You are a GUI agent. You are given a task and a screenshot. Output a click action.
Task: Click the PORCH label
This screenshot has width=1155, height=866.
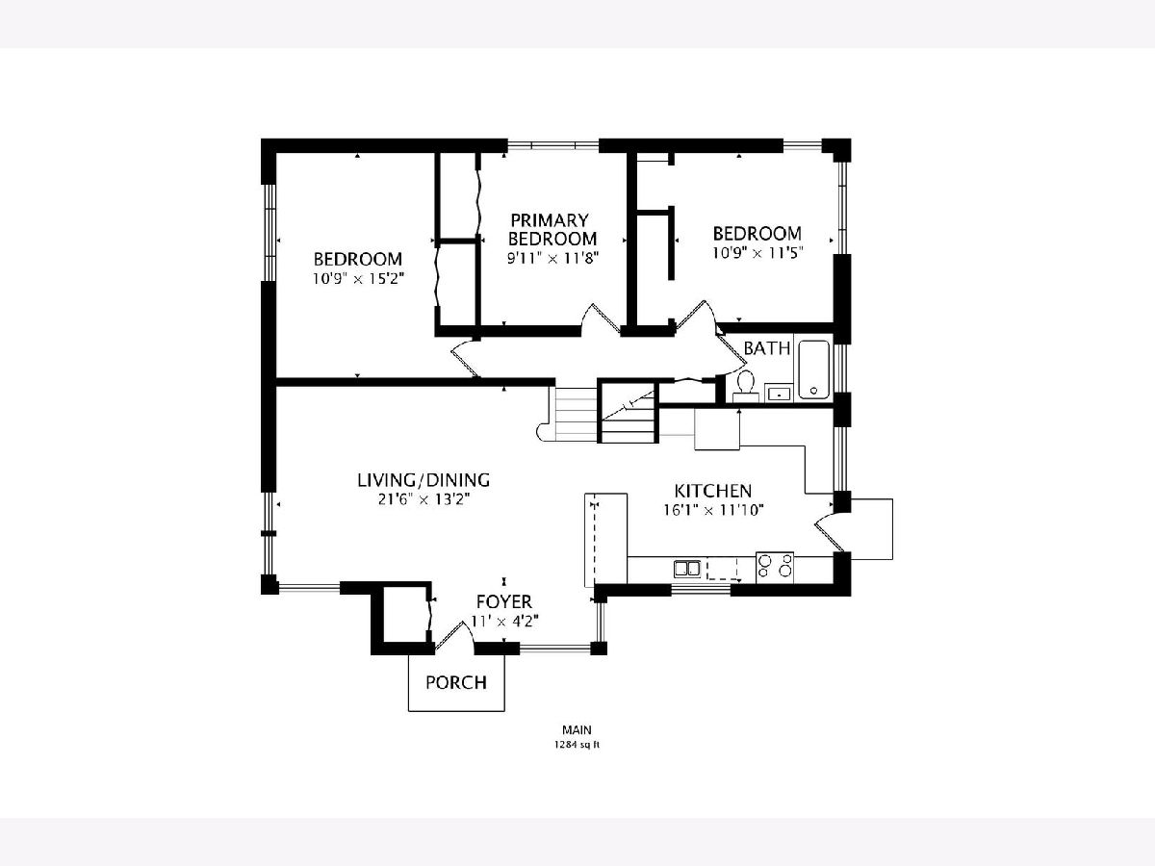coord(456,682)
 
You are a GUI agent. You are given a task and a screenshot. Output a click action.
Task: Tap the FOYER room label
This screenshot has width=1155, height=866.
coord(504,601)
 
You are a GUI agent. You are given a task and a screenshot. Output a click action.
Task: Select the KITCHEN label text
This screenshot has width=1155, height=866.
coord(713,491)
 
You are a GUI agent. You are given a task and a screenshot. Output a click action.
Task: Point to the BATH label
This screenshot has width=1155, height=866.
coord(767,348)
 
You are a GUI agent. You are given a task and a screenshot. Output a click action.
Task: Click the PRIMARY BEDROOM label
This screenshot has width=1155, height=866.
coord(552,229)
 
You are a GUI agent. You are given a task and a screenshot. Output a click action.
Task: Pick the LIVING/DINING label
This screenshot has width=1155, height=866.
coord(423,480)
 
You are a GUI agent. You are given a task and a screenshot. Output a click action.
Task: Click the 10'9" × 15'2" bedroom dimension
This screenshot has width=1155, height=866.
coord(358,279)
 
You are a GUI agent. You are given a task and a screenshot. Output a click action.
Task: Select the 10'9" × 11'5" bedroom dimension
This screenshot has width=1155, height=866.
coord(757,253)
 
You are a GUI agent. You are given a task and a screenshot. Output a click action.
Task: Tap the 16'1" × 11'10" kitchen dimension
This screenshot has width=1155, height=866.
coord(713,510)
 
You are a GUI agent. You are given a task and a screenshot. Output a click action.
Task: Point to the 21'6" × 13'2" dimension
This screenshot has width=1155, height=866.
coord(423,499)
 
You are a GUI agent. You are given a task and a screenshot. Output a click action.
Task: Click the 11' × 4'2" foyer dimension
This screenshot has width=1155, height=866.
coord(504,621)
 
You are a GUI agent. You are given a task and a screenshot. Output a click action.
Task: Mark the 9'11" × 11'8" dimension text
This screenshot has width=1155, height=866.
coord(553,258)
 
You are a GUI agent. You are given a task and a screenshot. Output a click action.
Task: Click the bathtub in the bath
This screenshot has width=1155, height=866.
coord(813,369)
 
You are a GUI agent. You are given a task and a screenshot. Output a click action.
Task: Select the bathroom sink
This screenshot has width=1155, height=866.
coord(779,393)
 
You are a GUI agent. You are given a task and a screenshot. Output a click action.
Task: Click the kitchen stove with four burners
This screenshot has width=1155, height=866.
coord(775,568)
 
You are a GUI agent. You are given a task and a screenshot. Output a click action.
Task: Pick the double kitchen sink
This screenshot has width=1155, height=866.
coord(687,569)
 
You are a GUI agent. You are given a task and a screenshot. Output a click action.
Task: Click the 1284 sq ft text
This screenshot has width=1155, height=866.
coord(577,745)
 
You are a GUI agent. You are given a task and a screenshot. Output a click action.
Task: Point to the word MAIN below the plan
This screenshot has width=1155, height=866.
coord(577,729)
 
